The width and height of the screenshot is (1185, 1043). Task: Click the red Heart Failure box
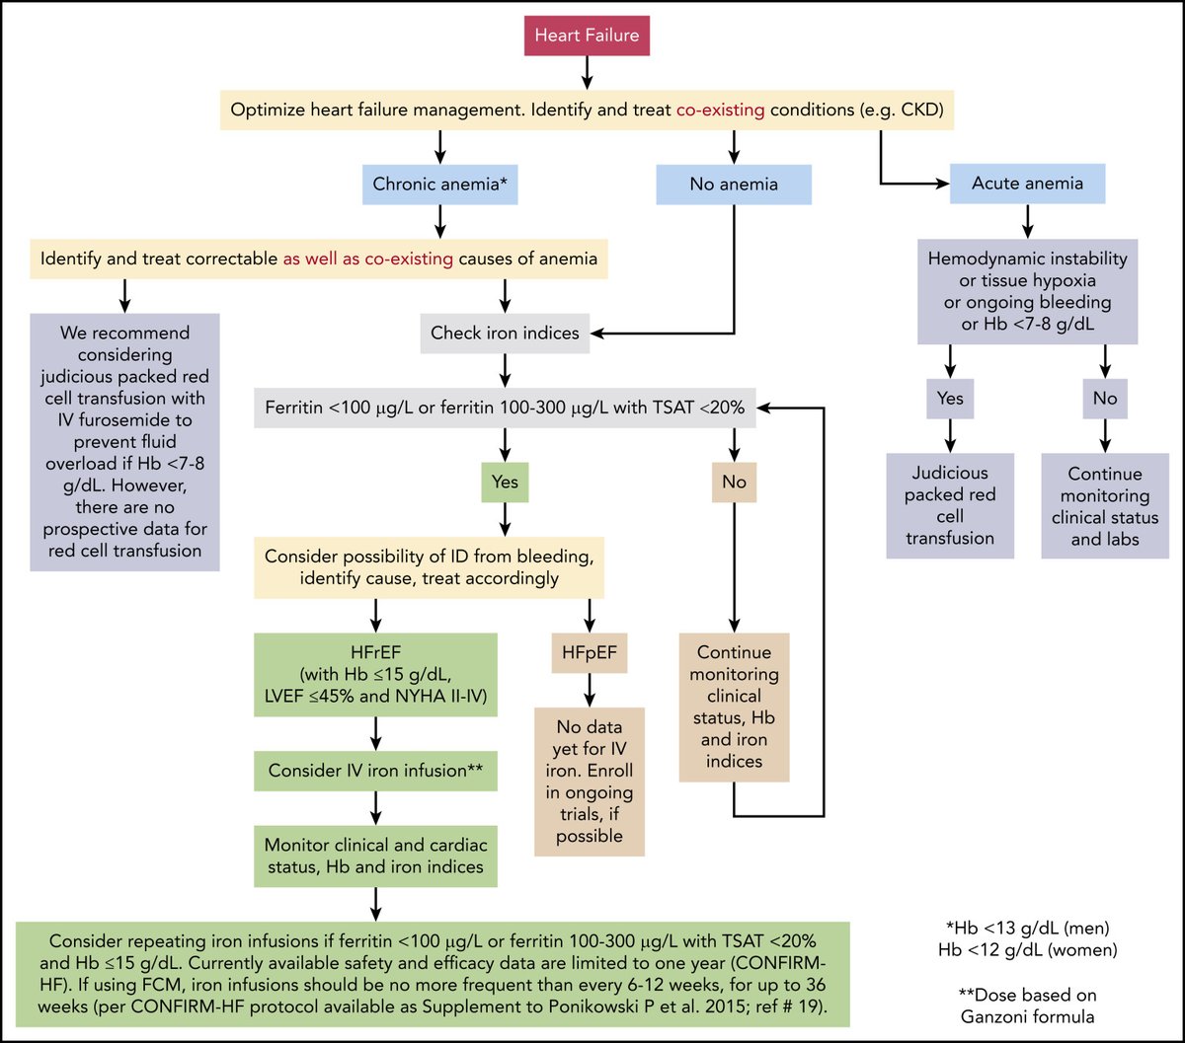coord(587,37)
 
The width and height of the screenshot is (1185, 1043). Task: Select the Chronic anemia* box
coord(439,184)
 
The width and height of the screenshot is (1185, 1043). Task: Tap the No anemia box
coord(734,184)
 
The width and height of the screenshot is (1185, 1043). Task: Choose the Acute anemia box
coord(1027,184)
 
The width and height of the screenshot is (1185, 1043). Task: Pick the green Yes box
coord(505,484)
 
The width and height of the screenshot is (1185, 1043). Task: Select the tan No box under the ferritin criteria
coord(734,484)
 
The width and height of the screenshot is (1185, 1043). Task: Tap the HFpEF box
coord(590,652)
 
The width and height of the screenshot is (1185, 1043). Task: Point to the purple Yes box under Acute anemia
coord(950,400)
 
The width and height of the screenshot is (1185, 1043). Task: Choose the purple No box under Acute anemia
coord(1105,400)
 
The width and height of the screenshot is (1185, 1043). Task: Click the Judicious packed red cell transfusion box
coord(950,506)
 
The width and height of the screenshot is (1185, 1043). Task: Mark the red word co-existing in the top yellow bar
coord(720,111)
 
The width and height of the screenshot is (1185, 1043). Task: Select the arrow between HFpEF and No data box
coord(590,688)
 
